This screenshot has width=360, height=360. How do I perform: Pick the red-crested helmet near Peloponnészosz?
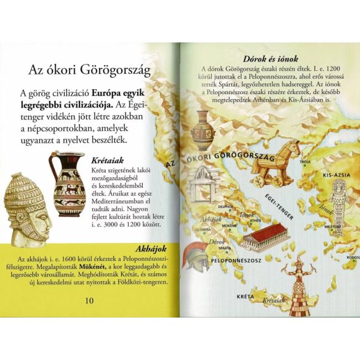click(x=198, y=257)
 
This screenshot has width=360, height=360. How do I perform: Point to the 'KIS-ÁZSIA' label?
click(x=337, y=175)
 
